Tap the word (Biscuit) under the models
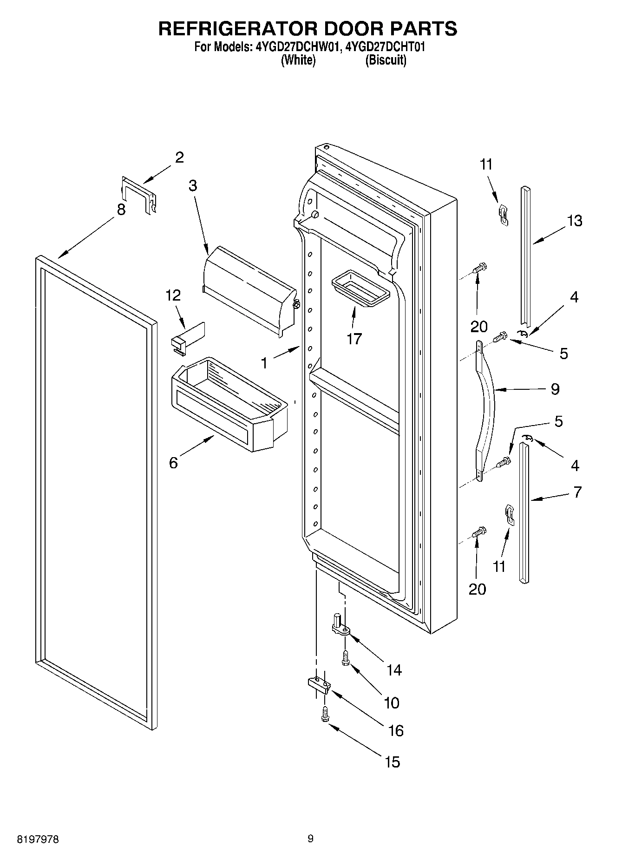[386, 60]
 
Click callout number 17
[354, 339]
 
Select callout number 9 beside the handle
[555, 388]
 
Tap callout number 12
[173, 295]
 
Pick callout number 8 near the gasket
[121, 210]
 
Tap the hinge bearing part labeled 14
[340, 626]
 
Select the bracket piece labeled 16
[318, 684]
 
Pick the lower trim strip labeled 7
[523, 511]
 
